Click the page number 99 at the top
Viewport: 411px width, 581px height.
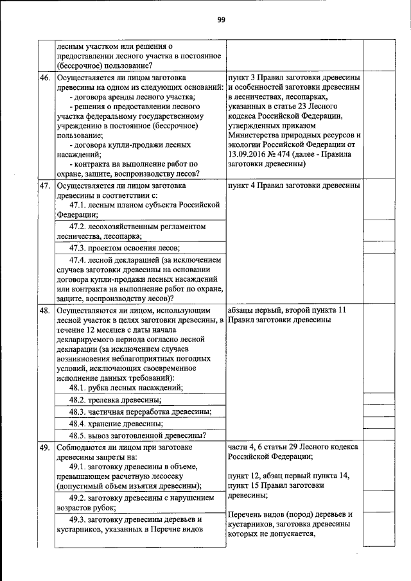(220, 20)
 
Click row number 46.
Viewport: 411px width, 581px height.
(45, 78)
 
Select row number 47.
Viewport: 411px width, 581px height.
(45, 186)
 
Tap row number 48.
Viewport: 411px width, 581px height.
(45, 310)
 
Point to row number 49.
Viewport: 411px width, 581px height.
(45, 447)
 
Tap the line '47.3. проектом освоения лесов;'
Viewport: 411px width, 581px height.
(125, 247)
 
